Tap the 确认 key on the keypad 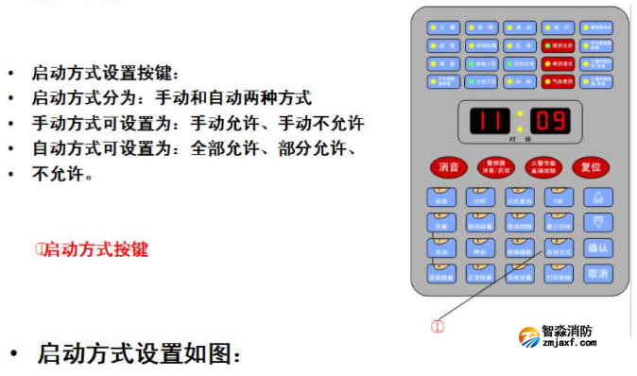(x=596, y=248)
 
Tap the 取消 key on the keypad (x=596, y=274)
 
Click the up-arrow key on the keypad (x=596, y=197)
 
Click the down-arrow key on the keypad (x=596, y=223)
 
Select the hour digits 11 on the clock (x=490, y=120)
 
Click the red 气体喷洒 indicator (x=558, y=81)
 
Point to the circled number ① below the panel (x=438, y=327)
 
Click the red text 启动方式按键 (x=92, y=249)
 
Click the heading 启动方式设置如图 (x=139, y=353)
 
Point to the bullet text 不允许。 (x=62, y=174)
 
